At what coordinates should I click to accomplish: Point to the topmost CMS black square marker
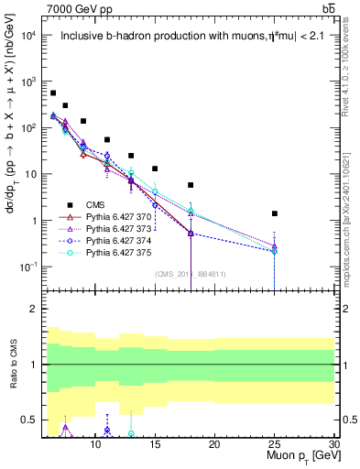(53, 93)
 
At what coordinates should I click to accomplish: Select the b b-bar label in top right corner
(327, 8)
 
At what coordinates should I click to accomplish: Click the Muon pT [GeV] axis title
(299, 455)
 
